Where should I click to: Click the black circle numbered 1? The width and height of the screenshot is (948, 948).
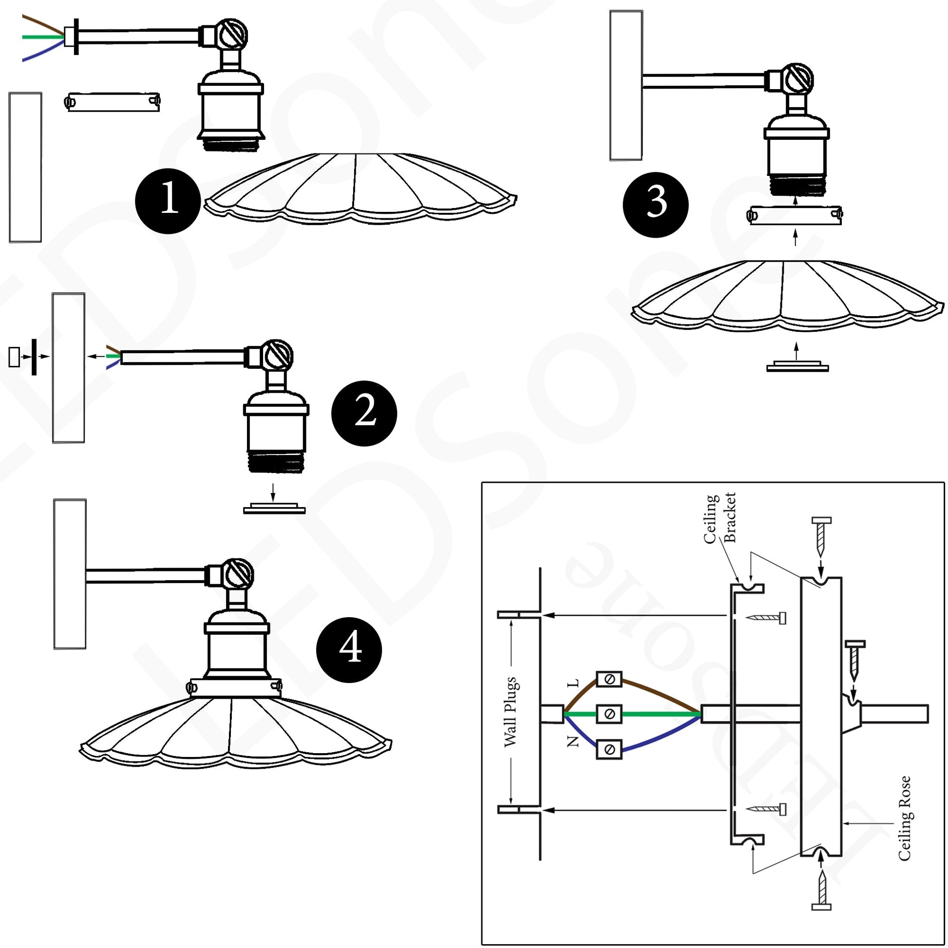[168, 201]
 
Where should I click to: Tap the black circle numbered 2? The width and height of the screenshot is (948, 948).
[364, 413]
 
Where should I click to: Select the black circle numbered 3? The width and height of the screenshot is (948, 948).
[656, 205]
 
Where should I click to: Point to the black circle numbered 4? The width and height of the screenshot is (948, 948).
[349, 650]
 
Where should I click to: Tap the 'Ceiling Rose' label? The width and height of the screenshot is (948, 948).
[904, 818]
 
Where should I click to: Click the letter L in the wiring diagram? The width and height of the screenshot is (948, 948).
[573, 683]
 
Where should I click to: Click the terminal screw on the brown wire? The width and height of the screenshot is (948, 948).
[609, 680]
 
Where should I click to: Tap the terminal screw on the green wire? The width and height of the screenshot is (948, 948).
[609, 714]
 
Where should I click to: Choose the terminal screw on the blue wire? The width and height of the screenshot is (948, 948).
[609, 750]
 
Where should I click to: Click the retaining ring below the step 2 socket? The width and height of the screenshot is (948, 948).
[274, 509]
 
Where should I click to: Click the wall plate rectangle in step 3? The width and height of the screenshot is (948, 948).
[626, 85]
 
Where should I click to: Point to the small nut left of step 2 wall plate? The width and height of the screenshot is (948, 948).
[14, 357]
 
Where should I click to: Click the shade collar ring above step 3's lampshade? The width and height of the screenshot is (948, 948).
[795, 215]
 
